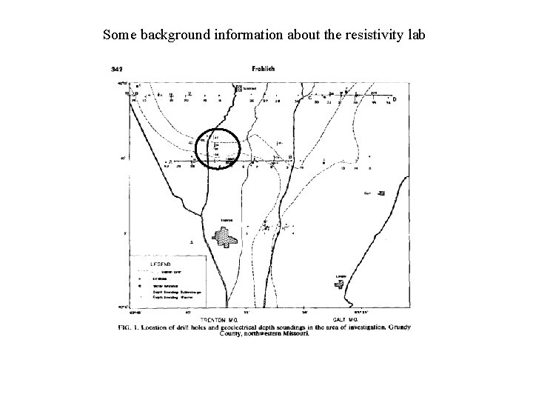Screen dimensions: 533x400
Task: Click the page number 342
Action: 117,69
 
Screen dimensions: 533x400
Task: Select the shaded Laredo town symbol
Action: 342,284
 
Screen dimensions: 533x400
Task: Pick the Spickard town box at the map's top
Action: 238,88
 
